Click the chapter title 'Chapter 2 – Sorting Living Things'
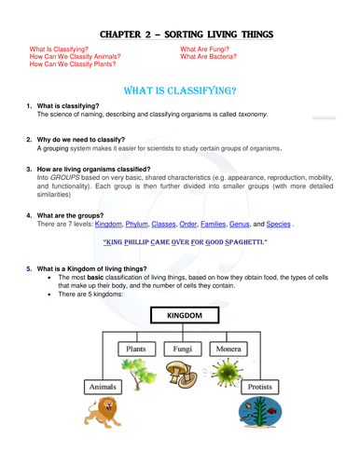pyautogui.click(x=181, y=34)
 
